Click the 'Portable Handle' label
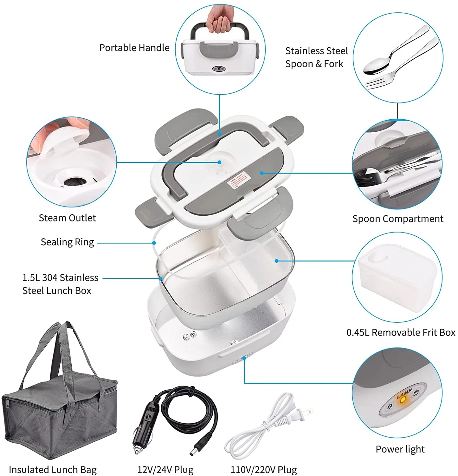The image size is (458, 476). [x=134, y=48]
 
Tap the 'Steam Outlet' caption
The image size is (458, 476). [x=67, y=218]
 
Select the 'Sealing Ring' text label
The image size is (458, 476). [x=67, y=242]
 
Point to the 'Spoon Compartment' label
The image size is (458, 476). [x=397, y=219]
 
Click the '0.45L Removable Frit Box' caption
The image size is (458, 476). [x=401, y=333]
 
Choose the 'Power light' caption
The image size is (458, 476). [x=400, y=449]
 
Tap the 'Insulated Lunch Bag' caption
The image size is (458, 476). [x=53, y=470]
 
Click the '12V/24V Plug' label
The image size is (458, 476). [x=165, y=470]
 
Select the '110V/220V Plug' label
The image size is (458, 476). [x=263, y=470]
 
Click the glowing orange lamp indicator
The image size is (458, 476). [x=403, y=400]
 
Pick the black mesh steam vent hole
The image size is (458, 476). [x=75, y=182]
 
